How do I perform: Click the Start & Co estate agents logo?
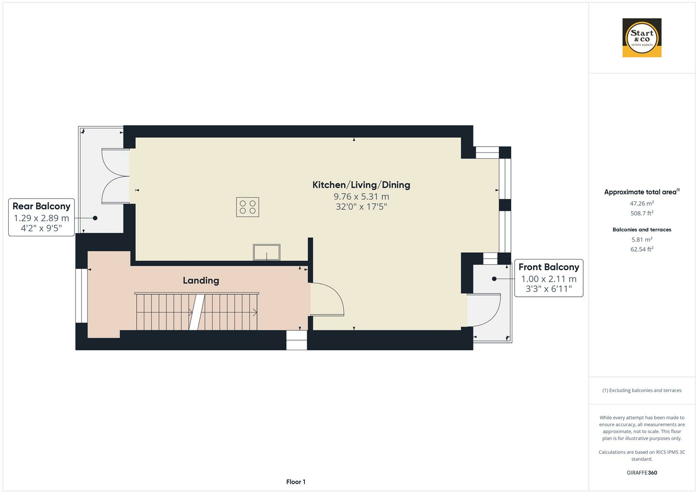[642, 37]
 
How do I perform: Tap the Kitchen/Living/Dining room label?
[361, 185]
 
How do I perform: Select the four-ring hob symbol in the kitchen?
[248, 207]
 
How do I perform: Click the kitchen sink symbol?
[266, 252]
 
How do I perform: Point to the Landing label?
[201, 280]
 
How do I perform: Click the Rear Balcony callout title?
[41, 206]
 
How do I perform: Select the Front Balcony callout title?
[549, 267]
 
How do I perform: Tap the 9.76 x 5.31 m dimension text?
[361, 197]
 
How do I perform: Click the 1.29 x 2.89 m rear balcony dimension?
[41, 218]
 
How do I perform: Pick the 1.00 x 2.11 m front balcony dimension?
[549, 279]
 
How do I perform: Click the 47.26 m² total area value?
[642, 204]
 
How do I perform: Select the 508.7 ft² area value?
[642, 213]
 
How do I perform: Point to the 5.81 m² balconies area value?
[642, 240]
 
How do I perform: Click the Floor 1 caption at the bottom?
[296, 482]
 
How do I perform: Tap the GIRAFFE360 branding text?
[642, 472]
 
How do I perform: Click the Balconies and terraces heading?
[642, 230]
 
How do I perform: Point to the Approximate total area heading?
[640, 192]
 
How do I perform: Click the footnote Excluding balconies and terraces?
[642, 390]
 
